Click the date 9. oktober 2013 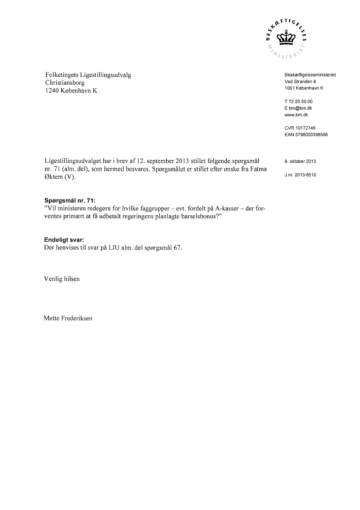(x=300, y=161)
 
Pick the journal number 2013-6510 (x=305, y=175)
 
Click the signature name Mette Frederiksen (x=68, y=318)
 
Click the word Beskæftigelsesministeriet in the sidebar (x=310, y=75)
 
